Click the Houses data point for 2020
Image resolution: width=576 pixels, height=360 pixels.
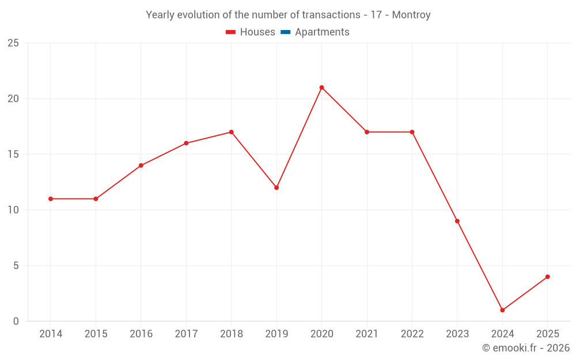pyautogui.click(x=321, y=88)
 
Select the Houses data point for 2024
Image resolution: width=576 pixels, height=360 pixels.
pyautogui.click(x=502, y=310)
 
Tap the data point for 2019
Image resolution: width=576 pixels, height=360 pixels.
pyautogui.click(x=276, y=188)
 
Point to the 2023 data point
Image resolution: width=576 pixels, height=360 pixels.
pyautogui.click(x=457, y=221)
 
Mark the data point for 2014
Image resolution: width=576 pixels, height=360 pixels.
pyautogui.click(x=51, y=199)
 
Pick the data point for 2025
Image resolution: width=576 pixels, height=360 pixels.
pyautogui.click(x=548, y=276)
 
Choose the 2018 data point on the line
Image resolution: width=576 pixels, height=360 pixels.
pyautogui.click(x=231, y=132)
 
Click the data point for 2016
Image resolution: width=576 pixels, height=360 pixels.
pyautogui.click(x=141, y=165)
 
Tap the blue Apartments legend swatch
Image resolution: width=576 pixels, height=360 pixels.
pyautogui.click(x=285, y=32)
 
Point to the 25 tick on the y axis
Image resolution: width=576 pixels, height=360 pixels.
pyautogui.click(x=13, y=43)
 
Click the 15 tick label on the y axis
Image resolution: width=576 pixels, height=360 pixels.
pyautogui.click(x=13, y=154)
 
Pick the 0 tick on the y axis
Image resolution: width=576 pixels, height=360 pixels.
pyautogui.click(x=16, y=321)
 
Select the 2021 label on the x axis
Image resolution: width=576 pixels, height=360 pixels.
pyautogui.click(x=367, y=334)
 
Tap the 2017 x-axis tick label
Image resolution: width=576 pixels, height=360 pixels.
pyautogui.click(x=186, y=334)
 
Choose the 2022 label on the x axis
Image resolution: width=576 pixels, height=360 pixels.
pyautogui.click(x=412, y=334)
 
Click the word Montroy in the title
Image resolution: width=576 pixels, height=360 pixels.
pyautogui.click(x=411, y=15)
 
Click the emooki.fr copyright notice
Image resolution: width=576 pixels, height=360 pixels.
pyautogui.click(x=526, y=348)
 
